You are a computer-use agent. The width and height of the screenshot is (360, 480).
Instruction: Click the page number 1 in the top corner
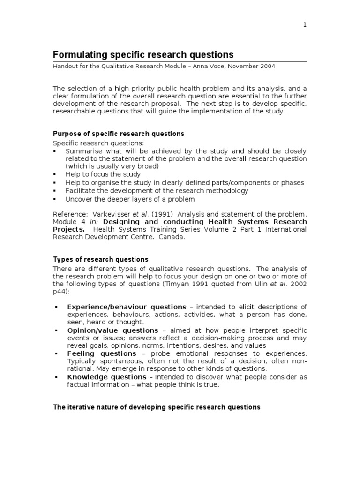click(305, 25)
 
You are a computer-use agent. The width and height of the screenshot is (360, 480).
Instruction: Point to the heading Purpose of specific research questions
click(119, 134)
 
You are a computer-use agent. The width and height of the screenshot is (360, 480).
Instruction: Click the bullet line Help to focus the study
click(103, 174)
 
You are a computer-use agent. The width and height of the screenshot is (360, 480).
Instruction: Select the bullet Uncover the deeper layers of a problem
click(130, 199)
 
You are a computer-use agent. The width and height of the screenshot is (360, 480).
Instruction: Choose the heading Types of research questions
click(100, 259)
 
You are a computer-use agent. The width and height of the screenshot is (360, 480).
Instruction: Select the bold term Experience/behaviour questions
click(127, 307)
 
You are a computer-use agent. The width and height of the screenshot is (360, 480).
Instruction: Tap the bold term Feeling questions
click(102, 353)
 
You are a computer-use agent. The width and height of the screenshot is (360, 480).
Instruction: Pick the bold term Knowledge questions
click(107, 377)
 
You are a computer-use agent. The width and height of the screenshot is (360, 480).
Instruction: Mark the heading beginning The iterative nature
click(157, 407)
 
